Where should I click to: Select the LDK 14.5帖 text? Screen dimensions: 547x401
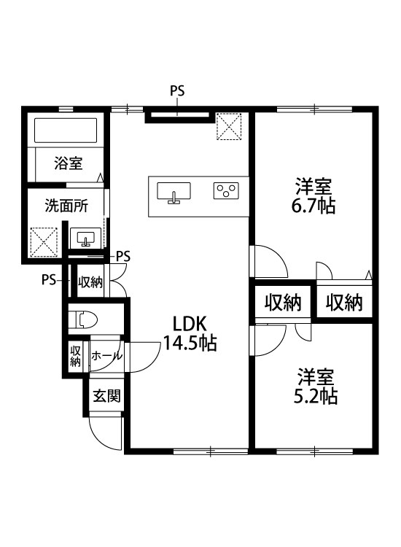point(190,333)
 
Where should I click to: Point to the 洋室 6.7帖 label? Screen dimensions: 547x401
point(314,195)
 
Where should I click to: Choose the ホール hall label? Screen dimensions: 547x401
point(106,356)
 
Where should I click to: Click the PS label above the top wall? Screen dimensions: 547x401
point(177,92)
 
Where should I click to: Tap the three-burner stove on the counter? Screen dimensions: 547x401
point(225,191)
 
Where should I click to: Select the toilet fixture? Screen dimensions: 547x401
point(86,319)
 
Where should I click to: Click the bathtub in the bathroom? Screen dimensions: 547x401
point(66,131)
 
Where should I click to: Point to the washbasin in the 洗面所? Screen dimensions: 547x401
point(87,237)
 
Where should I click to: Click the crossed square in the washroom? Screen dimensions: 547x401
point(43,241)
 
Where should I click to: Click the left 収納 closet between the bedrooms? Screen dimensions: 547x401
point(282,301)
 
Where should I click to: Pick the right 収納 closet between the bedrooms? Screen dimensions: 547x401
point(343,301)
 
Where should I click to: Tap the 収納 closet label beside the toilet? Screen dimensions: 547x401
point(90,282)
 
